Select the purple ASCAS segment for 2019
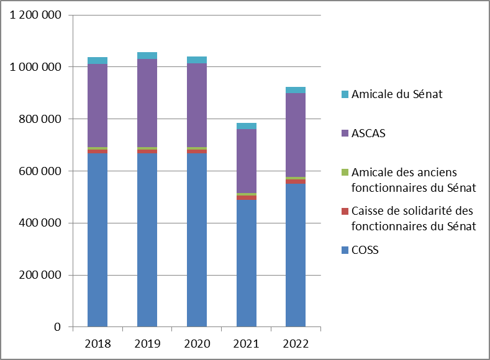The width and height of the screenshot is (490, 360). coord(147,103)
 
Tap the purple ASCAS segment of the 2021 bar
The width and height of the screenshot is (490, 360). coord(247,161)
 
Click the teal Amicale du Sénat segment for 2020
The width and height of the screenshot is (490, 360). coord(197,60)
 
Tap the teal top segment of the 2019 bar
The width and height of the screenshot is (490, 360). coord(147,56)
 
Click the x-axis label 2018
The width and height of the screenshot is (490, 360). coord(98,343)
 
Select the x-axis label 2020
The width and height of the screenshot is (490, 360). coord(197,343)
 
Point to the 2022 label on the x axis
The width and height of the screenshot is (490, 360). coord(296,343)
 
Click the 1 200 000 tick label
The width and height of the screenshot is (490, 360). coord(35,15)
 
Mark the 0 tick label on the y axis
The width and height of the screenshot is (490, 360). coord(57,327)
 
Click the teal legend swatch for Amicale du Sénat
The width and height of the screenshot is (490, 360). coord(345,95)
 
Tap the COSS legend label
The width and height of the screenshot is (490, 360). coord(365,250)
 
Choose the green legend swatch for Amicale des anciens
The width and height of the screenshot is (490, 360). coord(345,172)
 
